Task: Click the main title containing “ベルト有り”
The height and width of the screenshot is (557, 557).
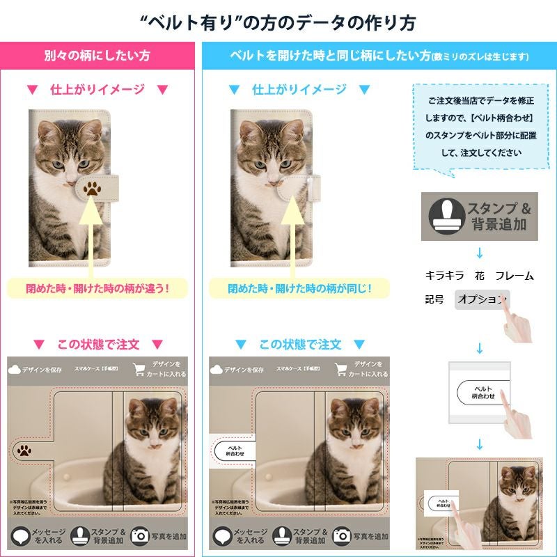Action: tap(278, 22)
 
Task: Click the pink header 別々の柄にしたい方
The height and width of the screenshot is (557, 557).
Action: tap(97, 55)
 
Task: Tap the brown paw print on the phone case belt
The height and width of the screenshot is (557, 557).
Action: tap(92, 188)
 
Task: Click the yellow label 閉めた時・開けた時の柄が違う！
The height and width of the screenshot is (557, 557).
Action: tap(97, 287)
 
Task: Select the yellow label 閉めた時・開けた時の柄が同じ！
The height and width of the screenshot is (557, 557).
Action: tap(300, 287)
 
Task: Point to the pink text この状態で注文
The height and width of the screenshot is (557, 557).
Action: tap(98, 344)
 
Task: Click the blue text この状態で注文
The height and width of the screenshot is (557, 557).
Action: tap(300, 344)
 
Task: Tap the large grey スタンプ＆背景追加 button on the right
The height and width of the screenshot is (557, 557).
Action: tap(479, 217)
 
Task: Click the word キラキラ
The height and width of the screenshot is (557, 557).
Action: tap(444, 276)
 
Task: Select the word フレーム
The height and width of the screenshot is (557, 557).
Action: tap(515, 276)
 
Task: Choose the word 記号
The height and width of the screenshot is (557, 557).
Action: tap(434, 299)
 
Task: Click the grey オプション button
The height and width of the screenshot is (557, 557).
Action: tap(480, 299)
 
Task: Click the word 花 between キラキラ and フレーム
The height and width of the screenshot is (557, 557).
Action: tap(480, 276)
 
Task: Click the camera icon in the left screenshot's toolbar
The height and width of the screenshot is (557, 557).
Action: tap(140, 535)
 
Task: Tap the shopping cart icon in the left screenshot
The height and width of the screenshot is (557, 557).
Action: tap(140, 370)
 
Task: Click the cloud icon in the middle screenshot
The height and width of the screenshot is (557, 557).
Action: tap(216, 370)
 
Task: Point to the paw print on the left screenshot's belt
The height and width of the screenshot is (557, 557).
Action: tap(25, 450)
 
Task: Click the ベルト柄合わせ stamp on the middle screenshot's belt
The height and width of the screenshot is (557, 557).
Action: tap(233, 450)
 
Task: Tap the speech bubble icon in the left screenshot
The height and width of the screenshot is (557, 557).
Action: tap(19, 535)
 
